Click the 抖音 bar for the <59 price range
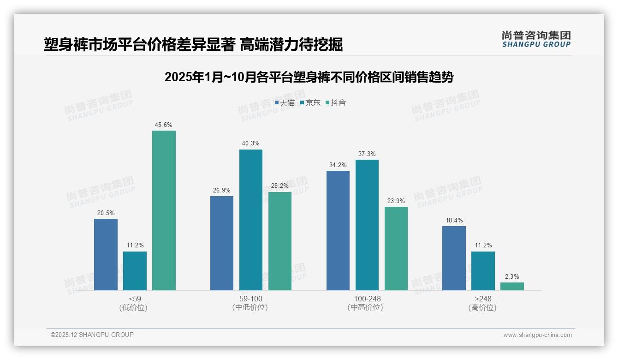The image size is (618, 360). pos(164,210)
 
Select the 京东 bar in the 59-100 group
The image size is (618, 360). pos(250,220)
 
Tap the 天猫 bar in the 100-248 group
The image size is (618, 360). pos(338,230)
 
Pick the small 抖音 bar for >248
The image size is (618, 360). pos(512,286)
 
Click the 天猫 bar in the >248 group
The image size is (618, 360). pos(454,258)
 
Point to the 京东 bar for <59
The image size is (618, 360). pos(135,271)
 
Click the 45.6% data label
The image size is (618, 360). pos(164,125)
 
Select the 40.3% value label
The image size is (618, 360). pos(250,144)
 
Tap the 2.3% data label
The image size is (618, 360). pos(512,276)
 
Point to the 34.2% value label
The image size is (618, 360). pos(338,165)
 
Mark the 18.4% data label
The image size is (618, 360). pos(454,220)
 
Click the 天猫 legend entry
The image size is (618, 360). pos(285,103)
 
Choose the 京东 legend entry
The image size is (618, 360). pos(310,103)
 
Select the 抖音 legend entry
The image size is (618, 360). pos(336,103)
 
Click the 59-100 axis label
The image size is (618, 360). pos(250,299)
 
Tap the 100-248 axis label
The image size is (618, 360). pos(367,299)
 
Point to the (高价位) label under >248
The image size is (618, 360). pos(482,308)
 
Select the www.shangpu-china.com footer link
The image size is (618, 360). pos(537,335)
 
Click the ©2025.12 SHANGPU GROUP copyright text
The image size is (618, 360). pos(92,335)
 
